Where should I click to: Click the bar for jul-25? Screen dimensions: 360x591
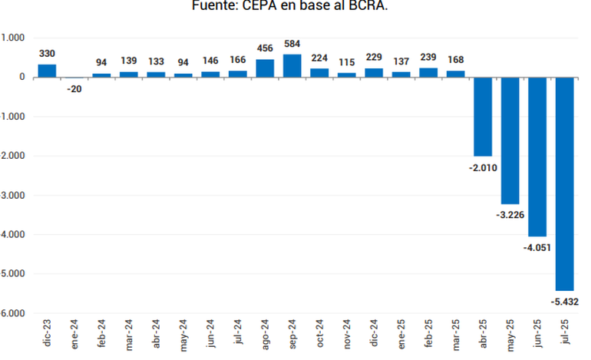coord(565,183)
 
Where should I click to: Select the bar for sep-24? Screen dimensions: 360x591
coord(292,66)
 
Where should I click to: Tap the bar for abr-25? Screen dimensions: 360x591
coord(483,117)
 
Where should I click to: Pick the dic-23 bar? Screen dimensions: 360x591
coord(47,71)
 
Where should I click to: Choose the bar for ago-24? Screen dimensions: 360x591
coord(265,68)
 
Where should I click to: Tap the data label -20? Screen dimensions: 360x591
coord(74,88)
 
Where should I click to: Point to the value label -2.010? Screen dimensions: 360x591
coord(482,167)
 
